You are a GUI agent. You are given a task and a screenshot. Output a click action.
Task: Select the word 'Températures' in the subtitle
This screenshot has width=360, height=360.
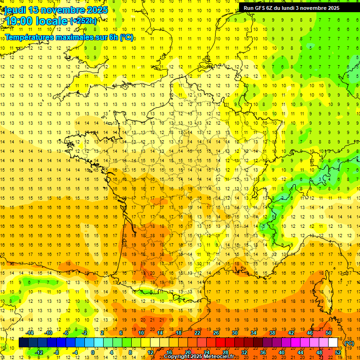pos(30,37)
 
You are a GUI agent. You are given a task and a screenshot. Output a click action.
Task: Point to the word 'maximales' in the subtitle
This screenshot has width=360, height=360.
pos(77,37)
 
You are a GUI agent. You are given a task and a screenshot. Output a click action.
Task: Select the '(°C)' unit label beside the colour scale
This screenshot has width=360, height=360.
pos(349,343)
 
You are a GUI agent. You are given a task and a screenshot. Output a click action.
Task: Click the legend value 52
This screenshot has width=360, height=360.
pos(338,352)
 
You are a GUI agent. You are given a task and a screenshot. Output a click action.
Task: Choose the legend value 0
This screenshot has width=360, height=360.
pos(93,352)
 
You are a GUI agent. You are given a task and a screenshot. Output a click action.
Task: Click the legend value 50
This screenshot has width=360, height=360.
pos(329,333)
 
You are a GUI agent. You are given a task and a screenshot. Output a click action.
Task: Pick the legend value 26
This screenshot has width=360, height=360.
pos(216,333)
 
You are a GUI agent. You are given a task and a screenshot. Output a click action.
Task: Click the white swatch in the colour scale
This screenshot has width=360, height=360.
pos(333,343)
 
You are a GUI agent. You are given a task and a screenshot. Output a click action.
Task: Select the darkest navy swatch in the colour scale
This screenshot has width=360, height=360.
pos(23,343)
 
